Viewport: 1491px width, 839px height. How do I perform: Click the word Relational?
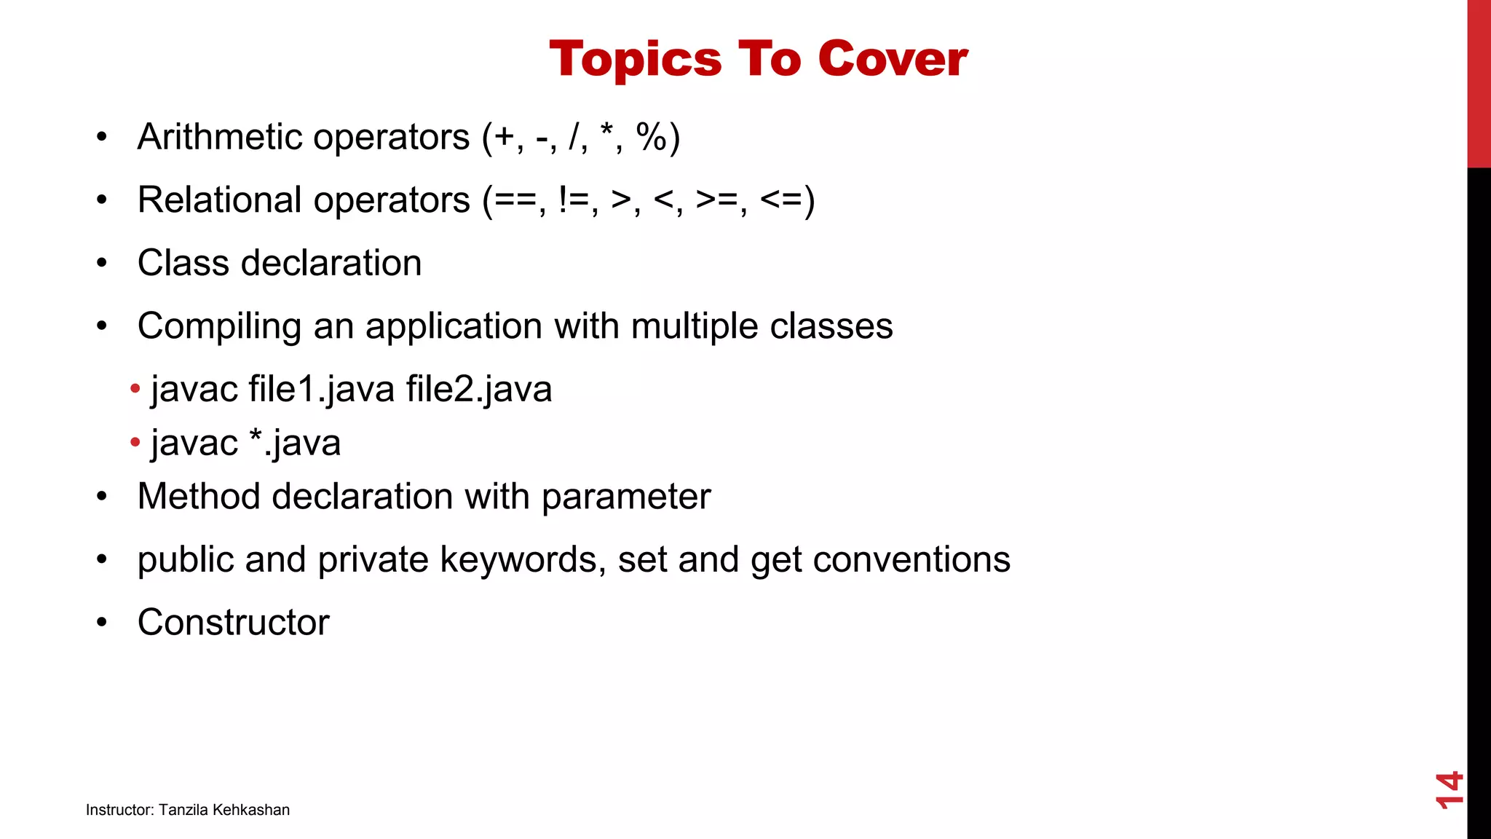(x=219, y=200)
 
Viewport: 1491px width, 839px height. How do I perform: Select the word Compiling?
(x=219, y=326)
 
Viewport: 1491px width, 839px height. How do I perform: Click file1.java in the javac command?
(x=321, y=389)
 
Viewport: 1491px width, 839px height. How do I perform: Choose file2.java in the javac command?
(x=479, y=389)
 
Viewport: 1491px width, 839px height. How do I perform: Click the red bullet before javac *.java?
(x=135, y=442)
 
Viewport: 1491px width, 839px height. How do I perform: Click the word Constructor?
(x=233, y=623)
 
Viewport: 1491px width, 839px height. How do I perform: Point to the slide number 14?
(x=1449, y=789)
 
